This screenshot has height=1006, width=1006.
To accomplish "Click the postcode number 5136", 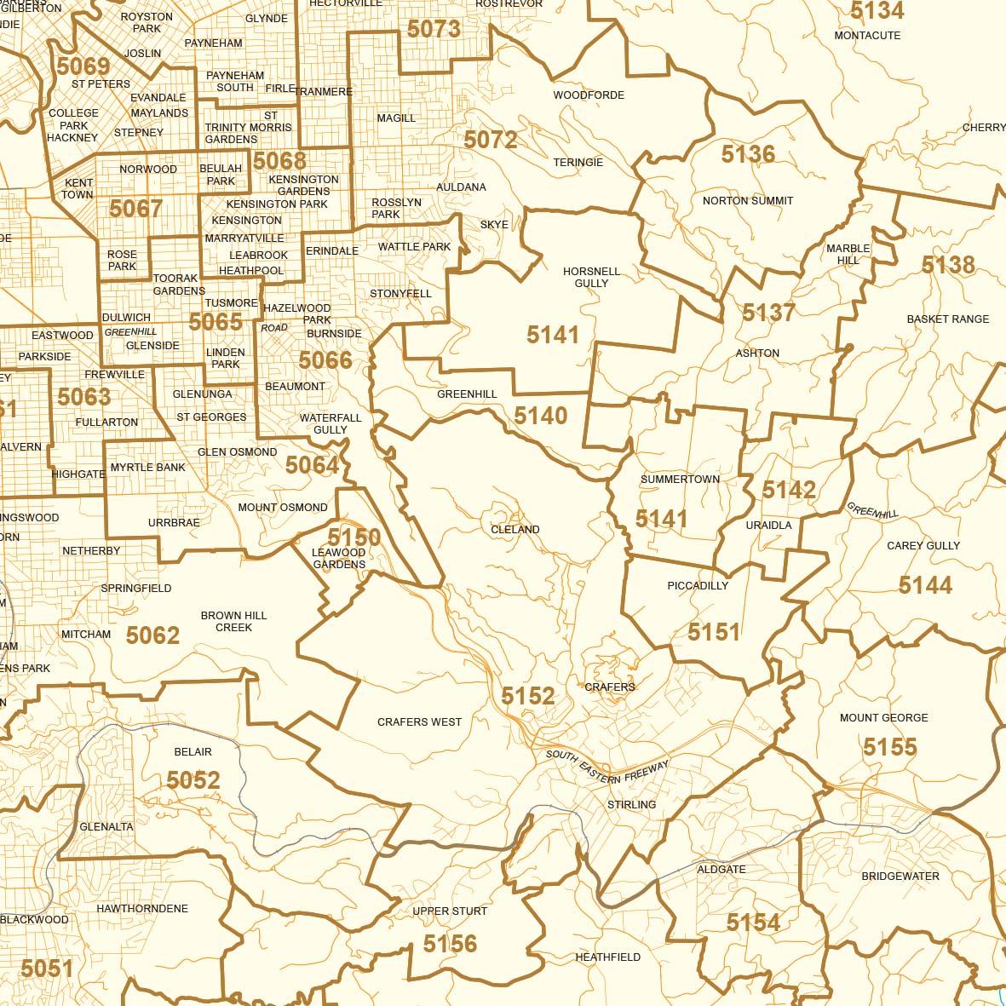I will tap(748, 154).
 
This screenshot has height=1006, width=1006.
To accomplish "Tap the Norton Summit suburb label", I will tap(748, 201).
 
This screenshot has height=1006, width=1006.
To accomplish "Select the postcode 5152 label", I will tap(527, 696).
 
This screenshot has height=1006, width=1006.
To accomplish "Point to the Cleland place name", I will tap(515, 530).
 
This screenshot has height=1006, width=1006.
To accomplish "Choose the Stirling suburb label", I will tap(632, 805).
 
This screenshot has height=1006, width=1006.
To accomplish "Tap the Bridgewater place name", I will tap(900, 877).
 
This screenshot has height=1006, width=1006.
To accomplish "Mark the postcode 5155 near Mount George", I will tap(889, 747).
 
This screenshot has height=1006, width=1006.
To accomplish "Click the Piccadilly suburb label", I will tap(698, 586).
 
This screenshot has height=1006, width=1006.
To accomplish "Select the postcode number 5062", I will tap(152, 635).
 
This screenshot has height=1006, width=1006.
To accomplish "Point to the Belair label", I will tap(193, 752).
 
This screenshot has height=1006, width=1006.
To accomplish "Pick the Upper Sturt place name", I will tap(450, 911).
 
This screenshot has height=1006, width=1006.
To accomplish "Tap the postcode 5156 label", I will tap(450, 943).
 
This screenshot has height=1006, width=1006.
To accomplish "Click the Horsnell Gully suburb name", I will tap(591, 277).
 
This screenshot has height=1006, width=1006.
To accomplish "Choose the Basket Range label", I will tap(948, 319).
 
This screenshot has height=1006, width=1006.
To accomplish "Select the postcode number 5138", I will tap(948, 265).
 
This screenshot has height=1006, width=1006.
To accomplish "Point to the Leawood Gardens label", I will tap(339, 559).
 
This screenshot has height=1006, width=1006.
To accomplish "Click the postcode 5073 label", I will tap(434, 29).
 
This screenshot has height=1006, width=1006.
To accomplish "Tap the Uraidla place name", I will tap(768, 526).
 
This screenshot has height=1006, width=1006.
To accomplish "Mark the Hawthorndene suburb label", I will tap(142, 909).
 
